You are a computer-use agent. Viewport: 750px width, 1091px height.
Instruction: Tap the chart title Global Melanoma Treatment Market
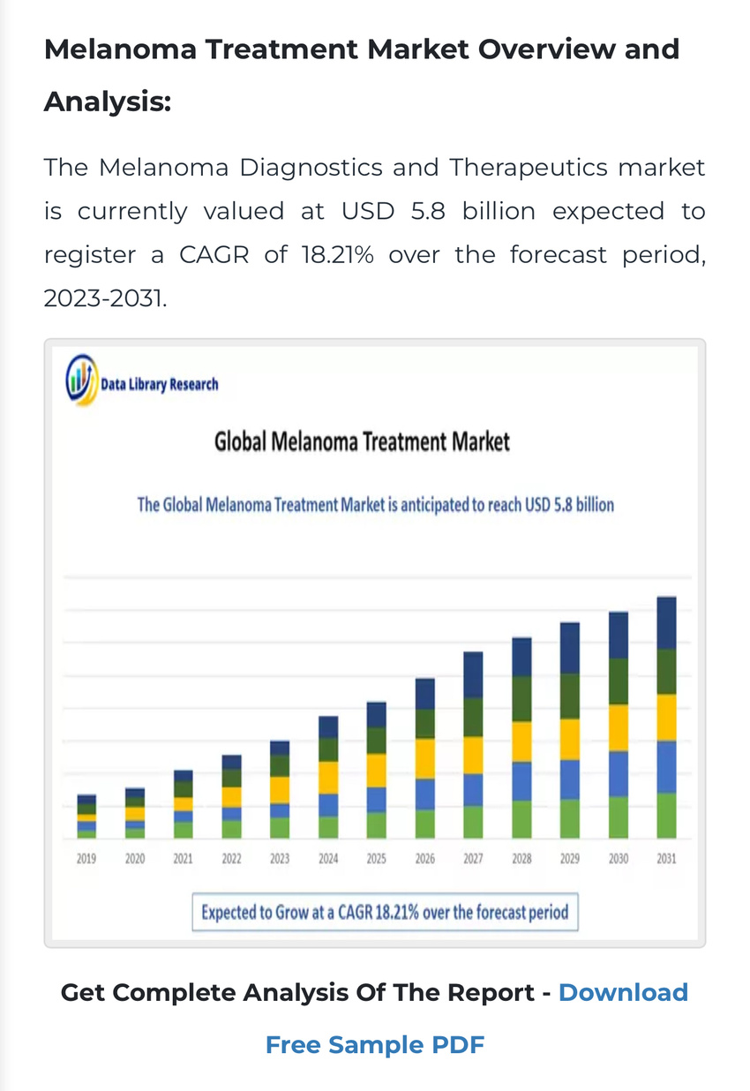[x=362, y=441]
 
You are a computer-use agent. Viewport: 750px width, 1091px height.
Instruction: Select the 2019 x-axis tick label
[x=86, y=858]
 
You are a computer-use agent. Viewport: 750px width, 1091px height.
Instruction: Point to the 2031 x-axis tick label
[x=666, y=858]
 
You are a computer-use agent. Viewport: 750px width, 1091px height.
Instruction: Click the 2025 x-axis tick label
[x=377, y=858]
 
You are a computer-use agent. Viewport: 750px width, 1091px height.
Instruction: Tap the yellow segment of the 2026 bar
[x=425, y=757]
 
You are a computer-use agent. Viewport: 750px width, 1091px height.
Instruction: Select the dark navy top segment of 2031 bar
[x=666, y=622]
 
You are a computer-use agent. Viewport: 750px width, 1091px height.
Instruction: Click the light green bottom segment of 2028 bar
[x=521, y=819]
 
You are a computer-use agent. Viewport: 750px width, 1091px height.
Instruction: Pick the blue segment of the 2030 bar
[x=619, y=773]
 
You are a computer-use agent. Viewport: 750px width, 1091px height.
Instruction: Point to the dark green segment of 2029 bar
[x=570, y=696]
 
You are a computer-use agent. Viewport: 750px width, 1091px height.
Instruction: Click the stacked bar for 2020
[x=135, y=813]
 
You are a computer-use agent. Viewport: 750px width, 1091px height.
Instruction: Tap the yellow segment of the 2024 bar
[x=328, y=777]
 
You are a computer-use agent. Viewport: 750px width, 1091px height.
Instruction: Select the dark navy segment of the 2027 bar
[x=473, y=674]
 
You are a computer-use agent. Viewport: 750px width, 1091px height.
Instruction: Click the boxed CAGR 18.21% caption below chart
[x=385, y=912]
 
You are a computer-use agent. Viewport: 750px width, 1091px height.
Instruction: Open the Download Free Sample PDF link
[x=375, y=1045]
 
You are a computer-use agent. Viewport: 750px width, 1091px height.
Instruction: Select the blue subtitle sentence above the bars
[x=375, y=506]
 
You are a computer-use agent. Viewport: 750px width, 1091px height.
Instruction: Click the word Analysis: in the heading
[x=107, y=102]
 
